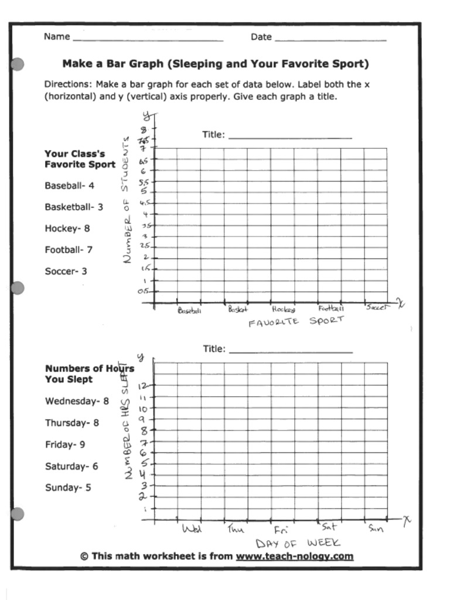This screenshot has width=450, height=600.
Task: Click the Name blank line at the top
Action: (x=147, y=39)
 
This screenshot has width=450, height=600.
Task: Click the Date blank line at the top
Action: (x=330, y=39)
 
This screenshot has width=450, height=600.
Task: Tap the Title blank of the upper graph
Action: (x=290, y=136)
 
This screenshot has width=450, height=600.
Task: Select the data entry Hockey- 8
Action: (x=67, y=229)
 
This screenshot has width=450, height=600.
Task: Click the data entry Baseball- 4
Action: (x=69, y=186)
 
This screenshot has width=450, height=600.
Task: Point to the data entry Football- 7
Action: (x=69, y=250)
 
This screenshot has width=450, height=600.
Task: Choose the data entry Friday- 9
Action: (x=65, y=445)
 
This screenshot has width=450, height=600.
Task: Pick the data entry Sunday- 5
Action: (x=68, y=487)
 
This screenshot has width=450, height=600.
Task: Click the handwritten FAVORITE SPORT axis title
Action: (x=296, y=321)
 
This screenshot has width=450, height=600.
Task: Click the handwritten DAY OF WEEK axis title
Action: (x=298, y=543)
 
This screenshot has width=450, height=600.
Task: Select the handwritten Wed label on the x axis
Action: (x=192, y=529)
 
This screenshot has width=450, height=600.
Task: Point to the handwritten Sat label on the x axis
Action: (x=329, y=527)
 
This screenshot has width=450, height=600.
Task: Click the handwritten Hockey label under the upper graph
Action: (x=283, y=309)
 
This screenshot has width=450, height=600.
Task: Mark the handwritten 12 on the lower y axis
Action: (x=143, y=386)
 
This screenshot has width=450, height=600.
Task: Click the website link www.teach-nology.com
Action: (x=294, y=556)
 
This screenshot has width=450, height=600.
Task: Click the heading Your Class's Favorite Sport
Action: (x=80, y=159)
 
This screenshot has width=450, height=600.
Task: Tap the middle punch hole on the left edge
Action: (x=18, y=288)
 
